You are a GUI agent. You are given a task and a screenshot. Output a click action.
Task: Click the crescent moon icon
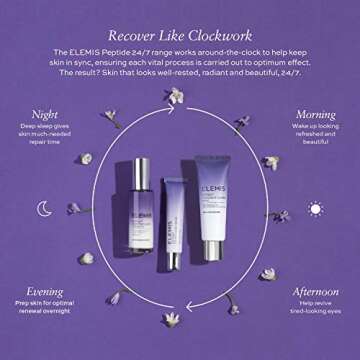click(45, 208)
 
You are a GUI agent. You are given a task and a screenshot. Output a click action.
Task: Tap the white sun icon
click(316, 208)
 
